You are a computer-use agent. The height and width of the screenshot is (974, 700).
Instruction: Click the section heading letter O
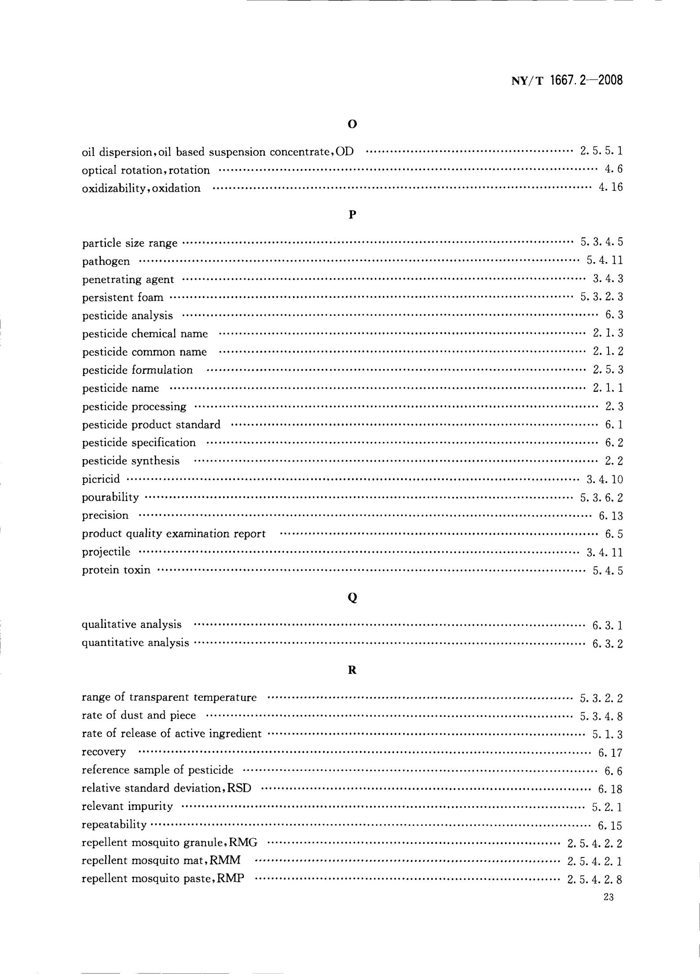[352, 124]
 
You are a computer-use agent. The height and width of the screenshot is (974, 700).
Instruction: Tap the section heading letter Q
[352, 598]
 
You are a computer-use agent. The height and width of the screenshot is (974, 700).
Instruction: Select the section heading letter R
[352, 670]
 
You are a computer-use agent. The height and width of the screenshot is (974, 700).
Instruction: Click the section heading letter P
[352, 215]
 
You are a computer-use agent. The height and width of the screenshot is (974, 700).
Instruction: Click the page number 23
[608, 897]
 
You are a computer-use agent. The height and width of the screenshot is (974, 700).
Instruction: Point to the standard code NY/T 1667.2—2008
[567, 81]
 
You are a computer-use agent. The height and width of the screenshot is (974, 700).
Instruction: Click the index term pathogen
[106, 262]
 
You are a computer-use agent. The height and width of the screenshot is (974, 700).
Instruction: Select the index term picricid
[101, 479]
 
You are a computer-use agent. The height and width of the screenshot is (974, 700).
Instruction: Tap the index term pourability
[110, 497]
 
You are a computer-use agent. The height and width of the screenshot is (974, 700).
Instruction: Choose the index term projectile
[106, 552]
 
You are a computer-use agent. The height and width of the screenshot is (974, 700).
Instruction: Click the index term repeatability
[114, 824]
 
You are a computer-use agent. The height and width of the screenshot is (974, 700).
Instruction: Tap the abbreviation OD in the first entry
[345, 152]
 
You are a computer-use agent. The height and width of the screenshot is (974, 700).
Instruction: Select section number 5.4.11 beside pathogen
[605, 260]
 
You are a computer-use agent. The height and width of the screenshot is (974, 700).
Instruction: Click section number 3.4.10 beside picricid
[605, 479]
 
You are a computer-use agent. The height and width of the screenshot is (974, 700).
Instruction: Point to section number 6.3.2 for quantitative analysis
[608, 644]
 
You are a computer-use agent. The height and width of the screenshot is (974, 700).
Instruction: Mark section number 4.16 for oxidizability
[611, 188]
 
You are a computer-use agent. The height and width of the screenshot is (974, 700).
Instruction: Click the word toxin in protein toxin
[137, 570]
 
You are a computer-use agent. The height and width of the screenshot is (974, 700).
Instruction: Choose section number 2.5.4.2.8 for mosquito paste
[595, 879]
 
